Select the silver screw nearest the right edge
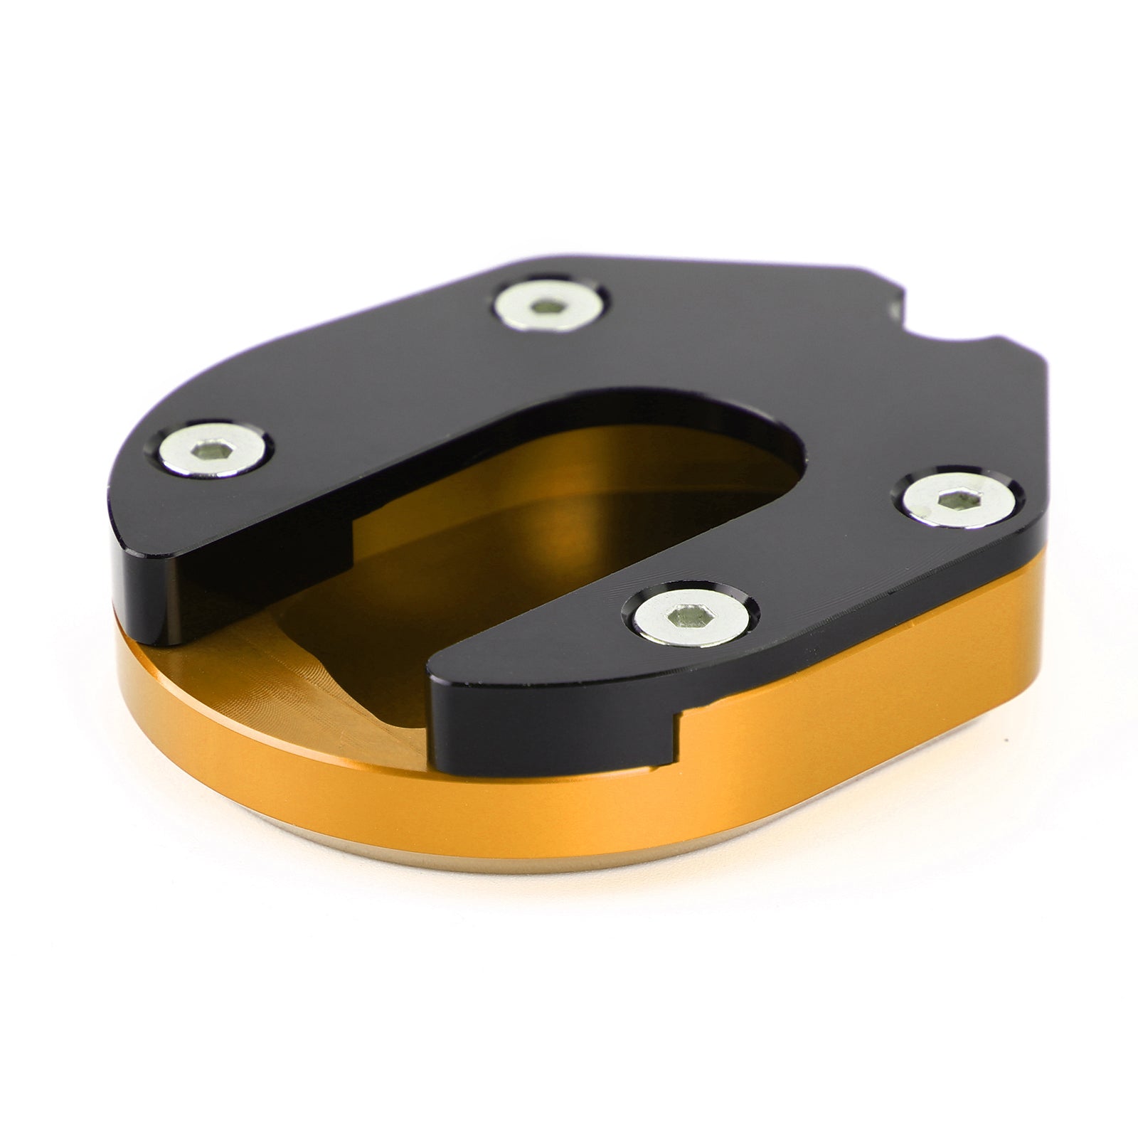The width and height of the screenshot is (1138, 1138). pyautogui.click(x=959, y=500)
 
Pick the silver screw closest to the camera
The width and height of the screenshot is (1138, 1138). pyautogui.click(x=690, y=617)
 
